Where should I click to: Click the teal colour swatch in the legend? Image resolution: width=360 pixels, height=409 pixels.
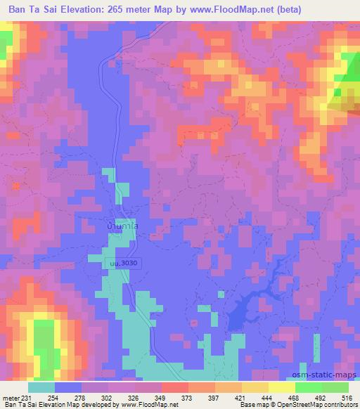pyautogui.click(x=41, y=387)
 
